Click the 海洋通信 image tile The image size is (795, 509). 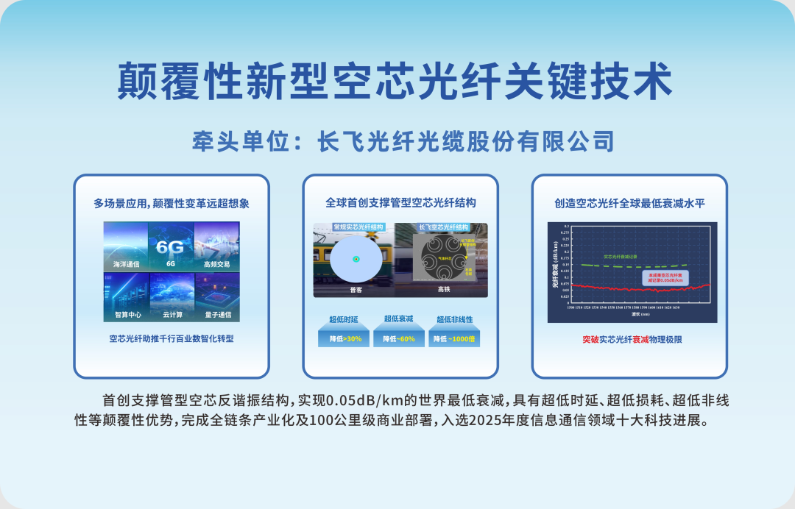pos(126,246)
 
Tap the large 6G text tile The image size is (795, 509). pos(171,246)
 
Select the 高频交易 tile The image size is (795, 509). pos(217,246)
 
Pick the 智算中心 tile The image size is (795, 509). pos(126,297)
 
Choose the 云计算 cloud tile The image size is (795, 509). pos(171,297)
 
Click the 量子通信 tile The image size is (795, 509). pos(217,297)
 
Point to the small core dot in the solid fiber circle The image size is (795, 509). pos(356,259)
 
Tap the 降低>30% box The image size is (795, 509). pos(345,339)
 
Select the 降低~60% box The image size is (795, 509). pos(400,339)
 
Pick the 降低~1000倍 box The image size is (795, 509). pos(454,339)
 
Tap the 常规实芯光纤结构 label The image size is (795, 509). pos(358,227)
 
